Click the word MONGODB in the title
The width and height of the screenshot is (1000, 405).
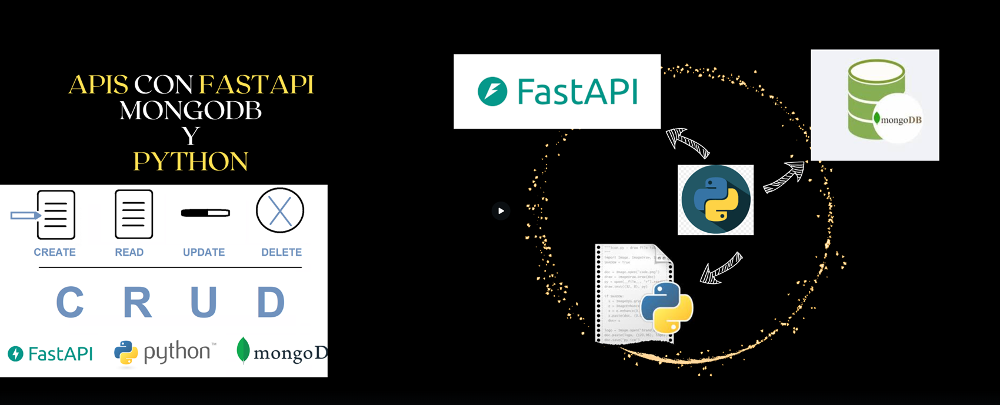191,111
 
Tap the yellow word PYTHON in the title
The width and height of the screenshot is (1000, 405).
191,162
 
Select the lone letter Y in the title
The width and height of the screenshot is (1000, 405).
191,136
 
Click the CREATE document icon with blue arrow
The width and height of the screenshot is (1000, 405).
55,215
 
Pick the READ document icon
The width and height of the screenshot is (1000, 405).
134,214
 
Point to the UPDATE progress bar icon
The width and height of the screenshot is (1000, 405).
205,213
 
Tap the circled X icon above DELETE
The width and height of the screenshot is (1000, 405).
280,210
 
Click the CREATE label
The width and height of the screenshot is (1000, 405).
55,252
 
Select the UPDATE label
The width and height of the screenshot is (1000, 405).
204,252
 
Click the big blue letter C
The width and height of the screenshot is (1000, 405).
69,302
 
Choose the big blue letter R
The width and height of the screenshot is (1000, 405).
137,302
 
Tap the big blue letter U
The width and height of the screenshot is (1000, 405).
204,302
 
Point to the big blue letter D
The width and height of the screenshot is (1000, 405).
271,302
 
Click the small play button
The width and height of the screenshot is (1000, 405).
501,210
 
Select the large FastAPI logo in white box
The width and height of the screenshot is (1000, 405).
557,92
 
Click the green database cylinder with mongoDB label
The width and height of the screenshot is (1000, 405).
875,105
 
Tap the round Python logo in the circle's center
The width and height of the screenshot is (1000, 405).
715,200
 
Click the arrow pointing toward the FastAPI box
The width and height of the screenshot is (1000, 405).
686,143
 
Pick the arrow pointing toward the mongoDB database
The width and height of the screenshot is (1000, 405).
784,178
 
